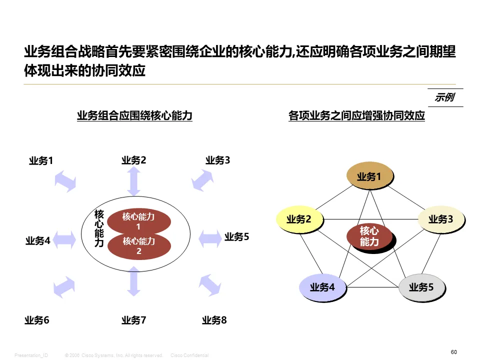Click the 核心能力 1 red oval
[139, 220]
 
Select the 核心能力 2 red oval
[139, 246]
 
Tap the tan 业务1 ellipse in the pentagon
[369, 176]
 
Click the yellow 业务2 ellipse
[299, 219]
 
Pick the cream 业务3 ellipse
[440, 219]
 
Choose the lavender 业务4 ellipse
[322, 287]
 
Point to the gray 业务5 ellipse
[421, 287]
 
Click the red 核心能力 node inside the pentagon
[369, 236]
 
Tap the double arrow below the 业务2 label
[134, 181]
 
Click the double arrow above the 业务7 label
[133, 281]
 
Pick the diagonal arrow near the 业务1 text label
[65, 180]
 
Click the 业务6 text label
[37, 320]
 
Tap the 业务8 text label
[214, 320]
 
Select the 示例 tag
[444, 97]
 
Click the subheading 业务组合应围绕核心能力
[134, 116]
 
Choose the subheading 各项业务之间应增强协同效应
[356, 116]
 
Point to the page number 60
[453, 352]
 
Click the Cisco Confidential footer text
[189, 355]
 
